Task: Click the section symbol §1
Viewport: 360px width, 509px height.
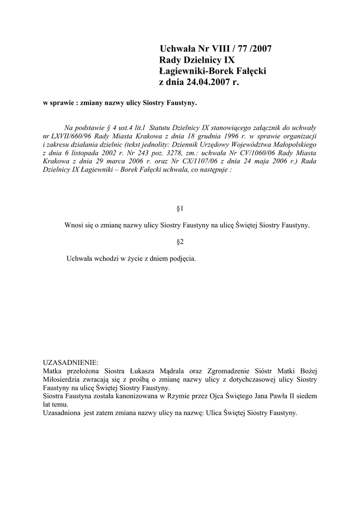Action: [x=180, y=208]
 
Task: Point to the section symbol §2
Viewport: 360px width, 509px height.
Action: [x=180, y=242]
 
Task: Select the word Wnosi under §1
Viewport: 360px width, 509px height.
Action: [x=74, y=225]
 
